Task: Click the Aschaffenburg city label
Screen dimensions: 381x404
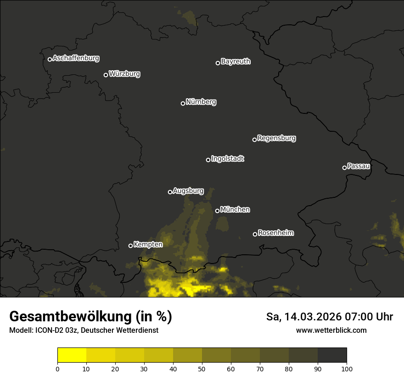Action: (x=76, y=58)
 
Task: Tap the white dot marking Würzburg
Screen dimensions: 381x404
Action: (x=106, y=75)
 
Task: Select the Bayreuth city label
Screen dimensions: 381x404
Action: (x=236, y=62)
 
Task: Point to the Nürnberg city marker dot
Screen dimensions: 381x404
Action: (x=183, y=103)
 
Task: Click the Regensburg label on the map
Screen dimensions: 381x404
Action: (x=276, y=138)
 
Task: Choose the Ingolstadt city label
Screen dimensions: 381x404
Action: (x=228, y=159)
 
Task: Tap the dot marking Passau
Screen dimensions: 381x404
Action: (x=344, y=168)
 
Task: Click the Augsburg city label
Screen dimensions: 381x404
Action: (x=188, y=191)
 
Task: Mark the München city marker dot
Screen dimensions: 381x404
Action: (x=217, y=211)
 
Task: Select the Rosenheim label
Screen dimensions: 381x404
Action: (x=275, y=233)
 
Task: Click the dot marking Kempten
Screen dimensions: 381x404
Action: (x=130, y=246)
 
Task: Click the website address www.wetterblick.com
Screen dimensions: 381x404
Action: (x=331, y=331)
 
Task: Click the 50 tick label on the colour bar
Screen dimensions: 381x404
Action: (x=202, y=368)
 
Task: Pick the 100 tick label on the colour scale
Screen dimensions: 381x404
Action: (x=347, y=368)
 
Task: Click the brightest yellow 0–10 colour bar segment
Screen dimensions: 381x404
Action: (x=72, y=355)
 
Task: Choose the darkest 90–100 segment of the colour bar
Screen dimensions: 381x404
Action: (x=332, y=355)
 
